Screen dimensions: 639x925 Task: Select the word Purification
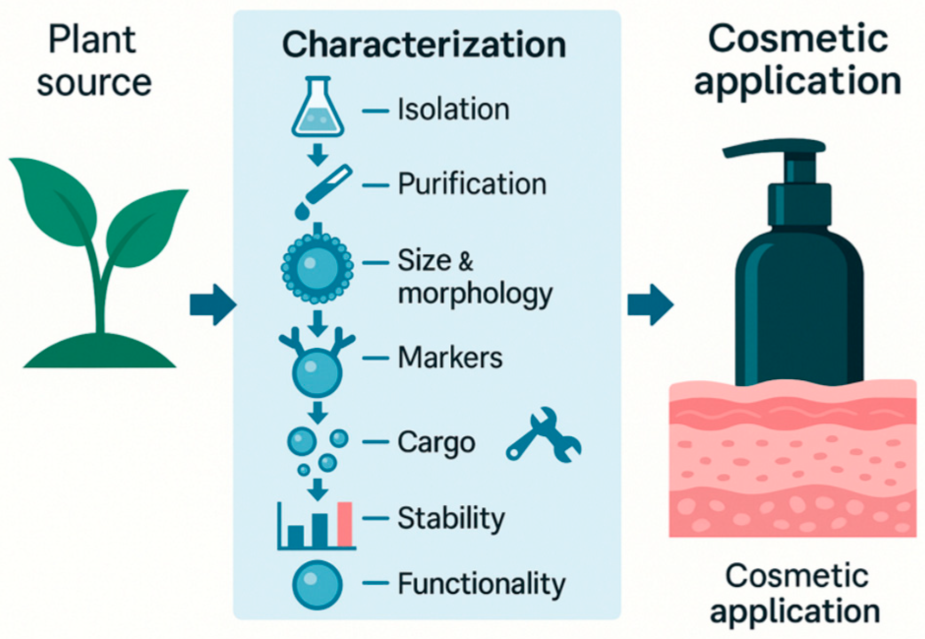click(x=472, y=184)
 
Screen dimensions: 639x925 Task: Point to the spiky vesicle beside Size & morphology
click(x=317, y=268)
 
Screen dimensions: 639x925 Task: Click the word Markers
click(x=450, y=357)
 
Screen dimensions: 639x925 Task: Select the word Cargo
click(x=436, y=443)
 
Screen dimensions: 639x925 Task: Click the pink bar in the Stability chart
click(x=345, y=524)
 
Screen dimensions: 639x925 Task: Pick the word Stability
click(x=451, y=518)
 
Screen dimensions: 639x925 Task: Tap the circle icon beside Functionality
click(x=317, y=585)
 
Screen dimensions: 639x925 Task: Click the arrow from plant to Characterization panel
click(x=212, y=304)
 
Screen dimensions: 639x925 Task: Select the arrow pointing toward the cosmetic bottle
click(x=650, y=304)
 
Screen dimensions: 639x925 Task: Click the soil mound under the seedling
click(x=100, y=353)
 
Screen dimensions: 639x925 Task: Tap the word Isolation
click(x=453, y=109)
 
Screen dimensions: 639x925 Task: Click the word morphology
click(x=475, y=294)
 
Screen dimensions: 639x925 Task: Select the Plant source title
click(x=93, y=61)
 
